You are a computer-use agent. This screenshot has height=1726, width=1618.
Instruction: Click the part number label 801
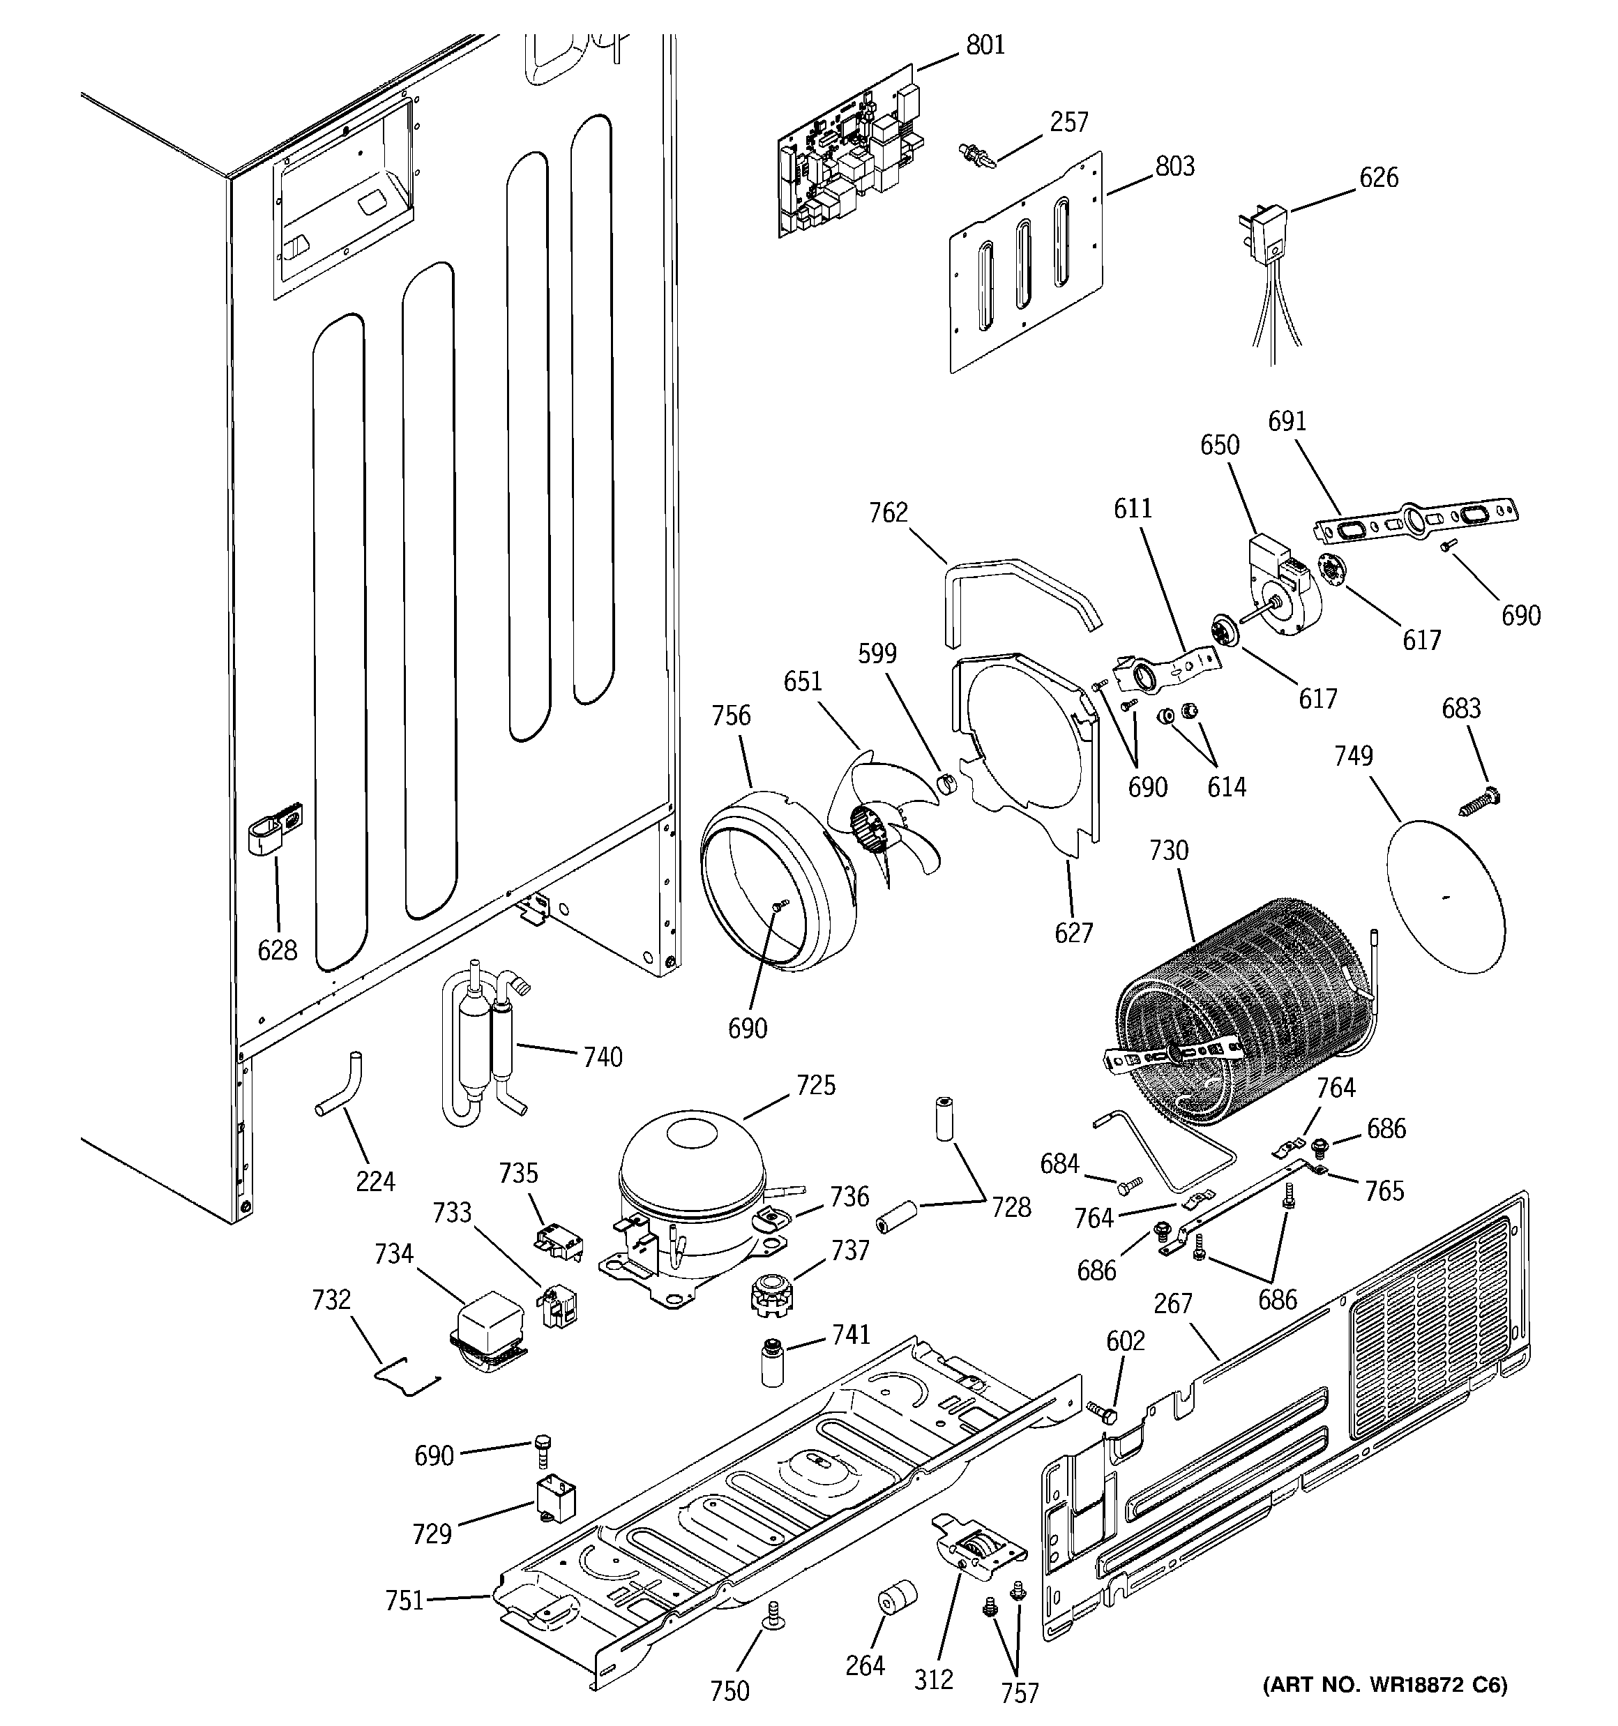point(985,44)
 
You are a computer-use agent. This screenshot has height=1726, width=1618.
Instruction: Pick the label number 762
point(888,513)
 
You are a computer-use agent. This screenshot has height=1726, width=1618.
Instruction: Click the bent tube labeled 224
point(342,1085)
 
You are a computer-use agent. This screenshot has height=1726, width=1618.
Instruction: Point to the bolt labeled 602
point(1102,1411)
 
